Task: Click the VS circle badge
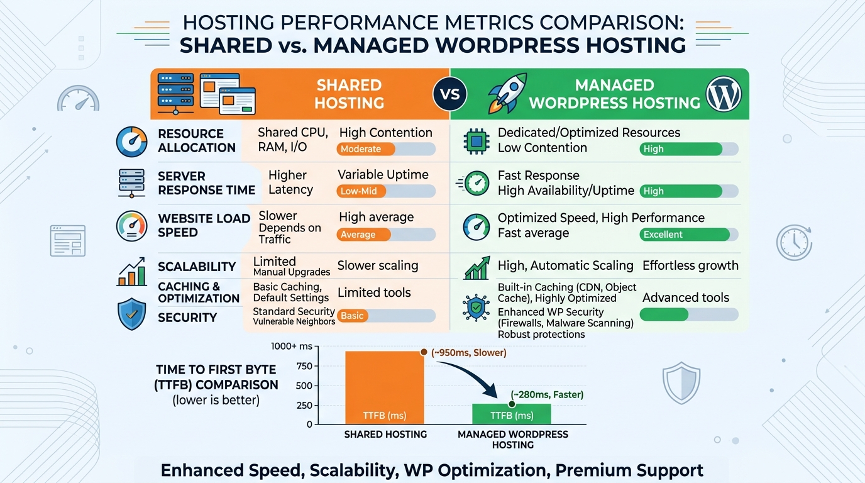450,94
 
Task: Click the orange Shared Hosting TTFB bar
384,387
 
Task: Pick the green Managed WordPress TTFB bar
511,414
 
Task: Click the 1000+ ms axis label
291,347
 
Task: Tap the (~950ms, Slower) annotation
468,353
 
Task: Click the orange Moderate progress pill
365,149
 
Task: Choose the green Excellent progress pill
684,235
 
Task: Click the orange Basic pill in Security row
352,316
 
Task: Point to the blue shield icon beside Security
132,314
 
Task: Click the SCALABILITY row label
196,267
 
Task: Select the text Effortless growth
690,265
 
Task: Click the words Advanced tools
686,297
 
